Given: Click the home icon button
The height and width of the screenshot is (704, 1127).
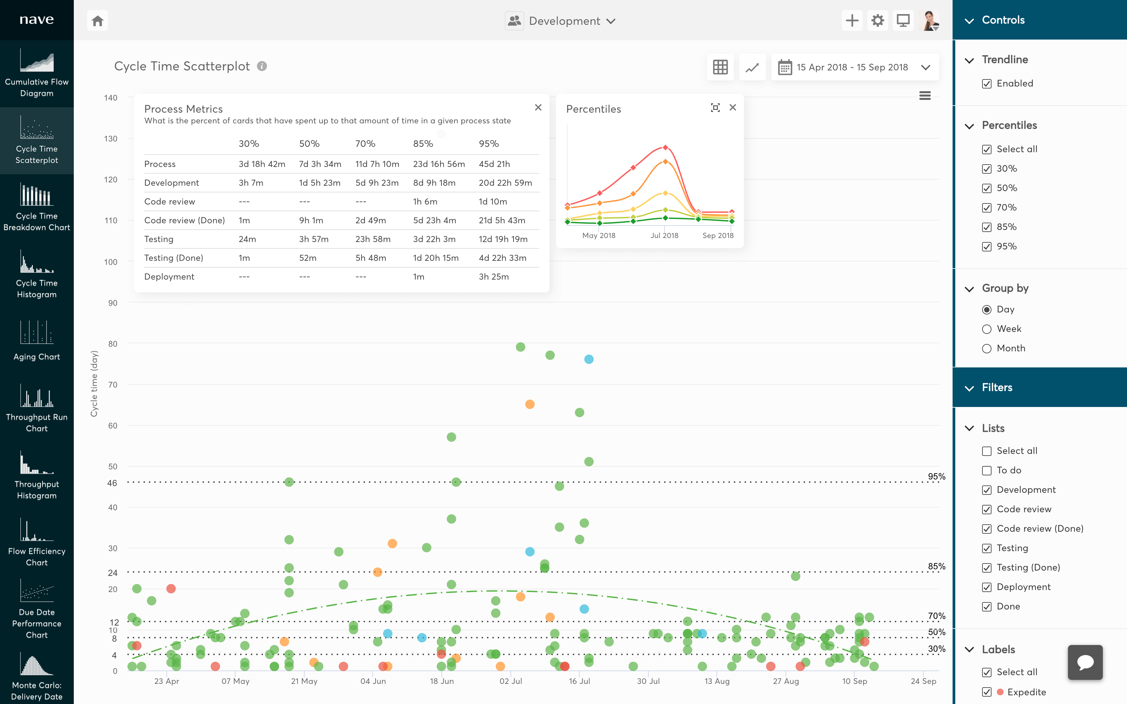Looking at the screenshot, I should coord(97,21).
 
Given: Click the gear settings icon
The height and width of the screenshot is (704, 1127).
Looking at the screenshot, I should coord(877,21).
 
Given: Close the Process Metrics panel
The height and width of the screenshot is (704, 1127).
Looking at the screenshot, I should coord(538,108).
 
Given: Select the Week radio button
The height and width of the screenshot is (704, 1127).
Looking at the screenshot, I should coord(986,329).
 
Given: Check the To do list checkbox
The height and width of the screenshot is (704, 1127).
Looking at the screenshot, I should coord(986,471).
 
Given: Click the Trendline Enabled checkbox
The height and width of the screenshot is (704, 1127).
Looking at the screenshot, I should coord(986,84).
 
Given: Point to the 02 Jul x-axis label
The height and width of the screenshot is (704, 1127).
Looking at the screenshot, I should coord(511,681).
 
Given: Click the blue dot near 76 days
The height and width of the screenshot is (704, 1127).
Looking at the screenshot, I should coord(589,359).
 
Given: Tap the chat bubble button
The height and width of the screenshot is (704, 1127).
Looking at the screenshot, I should coord(1085,662).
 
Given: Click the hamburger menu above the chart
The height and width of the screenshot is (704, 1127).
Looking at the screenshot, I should coord(925,96).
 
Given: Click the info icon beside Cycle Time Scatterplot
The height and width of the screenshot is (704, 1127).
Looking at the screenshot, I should coord(262,66).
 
